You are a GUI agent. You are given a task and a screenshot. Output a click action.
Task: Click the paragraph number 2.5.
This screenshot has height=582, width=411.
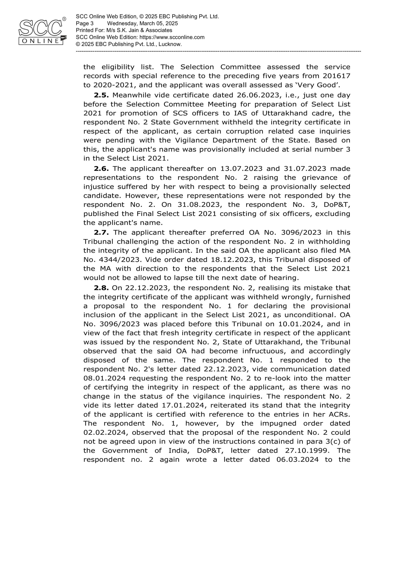pos(101,95)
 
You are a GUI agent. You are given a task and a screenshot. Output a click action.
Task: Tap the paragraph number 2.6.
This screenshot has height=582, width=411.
pos(101,168)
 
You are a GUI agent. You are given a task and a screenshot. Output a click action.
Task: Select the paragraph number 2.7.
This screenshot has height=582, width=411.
pos(101,232)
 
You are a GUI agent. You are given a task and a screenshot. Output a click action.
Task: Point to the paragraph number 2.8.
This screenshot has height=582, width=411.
pos(101,288)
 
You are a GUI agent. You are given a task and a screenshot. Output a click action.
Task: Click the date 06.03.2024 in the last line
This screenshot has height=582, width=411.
pos(297,459)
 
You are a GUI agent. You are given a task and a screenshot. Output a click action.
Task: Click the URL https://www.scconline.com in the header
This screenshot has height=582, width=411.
pos(172,37)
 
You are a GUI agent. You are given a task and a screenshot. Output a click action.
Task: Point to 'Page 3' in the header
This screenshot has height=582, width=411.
pos(85,24)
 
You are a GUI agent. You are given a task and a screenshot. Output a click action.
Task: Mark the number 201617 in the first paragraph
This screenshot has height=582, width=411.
pos(336,76)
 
